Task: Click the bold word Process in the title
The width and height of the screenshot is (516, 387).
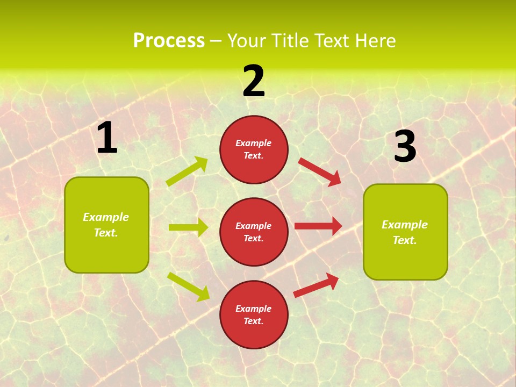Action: (x=169, y=41)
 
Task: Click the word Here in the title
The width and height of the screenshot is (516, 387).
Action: (x=374, y=41)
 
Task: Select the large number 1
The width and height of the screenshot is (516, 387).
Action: (x=107, y=138)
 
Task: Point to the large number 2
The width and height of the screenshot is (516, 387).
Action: (x=254, y=81)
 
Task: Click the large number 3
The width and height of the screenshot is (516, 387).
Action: (x=405, y=147)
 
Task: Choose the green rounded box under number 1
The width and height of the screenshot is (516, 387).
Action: (x=106, y=253)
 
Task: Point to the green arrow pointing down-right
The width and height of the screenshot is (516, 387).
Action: (x=188, y=286)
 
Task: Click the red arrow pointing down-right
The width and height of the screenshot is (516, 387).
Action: (x=320, y=171)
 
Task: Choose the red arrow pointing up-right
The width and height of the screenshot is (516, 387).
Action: (x=316, y=285)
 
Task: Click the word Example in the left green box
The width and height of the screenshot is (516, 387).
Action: (x=106, y=217)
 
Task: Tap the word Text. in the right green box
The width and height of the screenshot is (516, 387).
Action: (x=405, y=240)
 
